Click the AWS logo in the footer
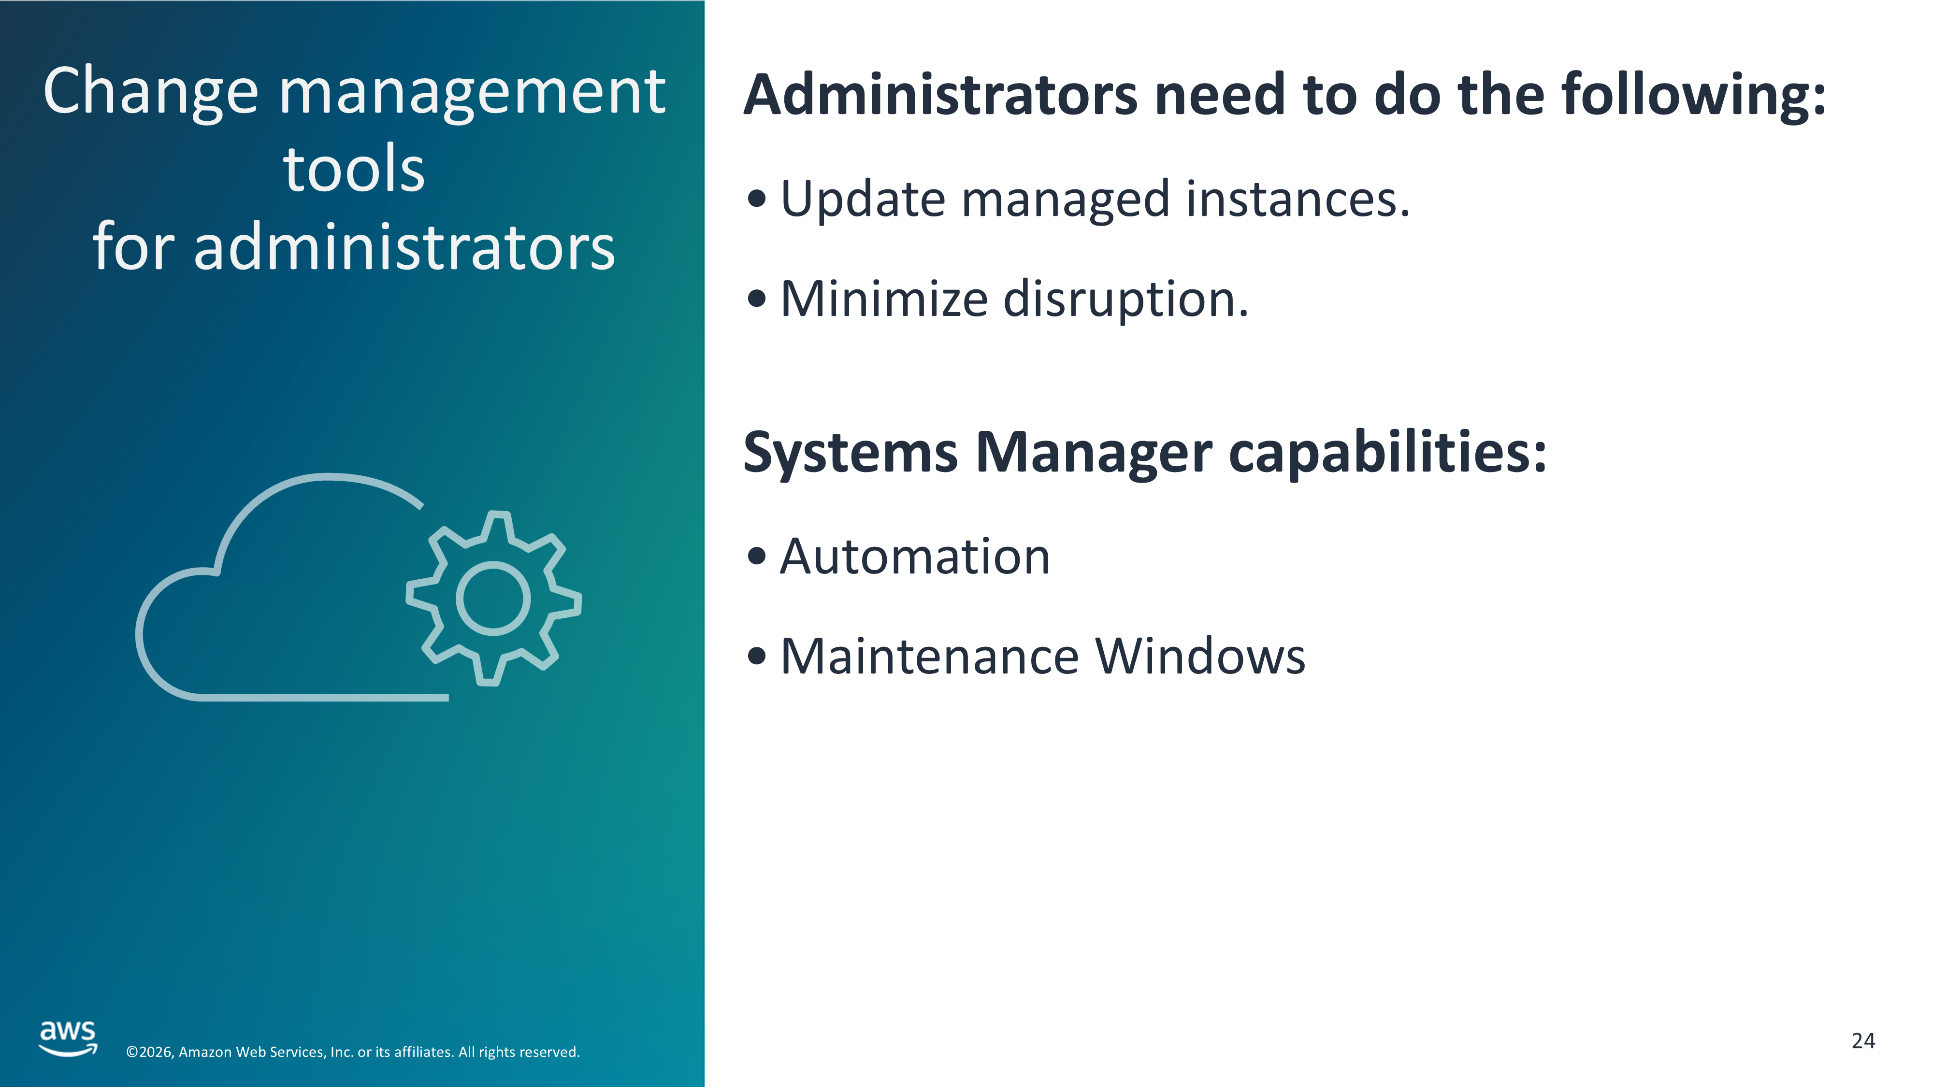pos(68,1038)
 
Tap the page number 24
pos(1863,1041)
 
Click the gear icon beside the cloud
pos(493,598)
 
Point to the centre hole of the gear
pos(493,598)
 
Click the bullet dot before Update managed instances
pos(757,199)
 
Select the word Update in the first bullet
pos(863,201)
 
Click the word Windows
pos(1200,657)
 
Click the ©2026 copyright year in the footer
pos(150,1052)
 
